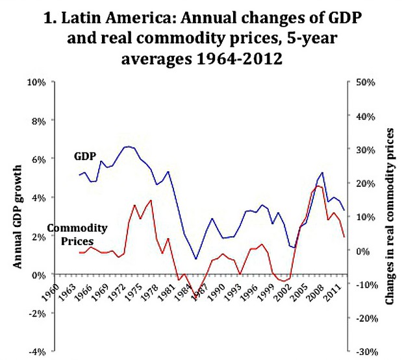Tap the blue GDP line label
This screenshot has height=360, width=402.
85,156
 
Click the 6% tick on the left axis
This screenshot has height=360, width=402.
37,159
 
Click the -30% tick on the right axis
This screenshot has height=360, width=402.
361,351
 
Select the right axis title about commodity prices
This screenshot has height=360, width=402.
391,217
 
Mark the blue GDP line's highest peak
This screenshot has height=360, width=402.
127,147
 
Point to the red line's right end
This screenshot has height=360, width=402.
344,237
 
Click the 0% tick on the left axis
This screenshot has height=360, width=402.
37,274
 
